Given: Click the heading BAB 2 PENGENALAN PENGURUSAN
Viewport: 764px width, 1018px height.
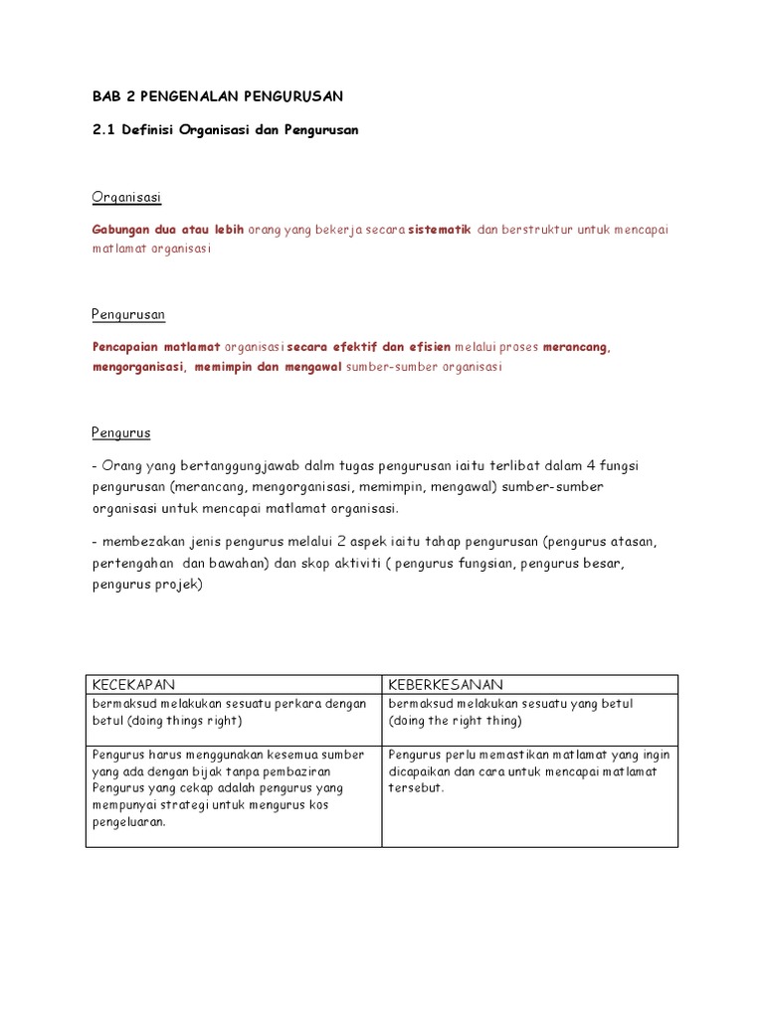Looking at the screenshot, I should (x=216, y=95).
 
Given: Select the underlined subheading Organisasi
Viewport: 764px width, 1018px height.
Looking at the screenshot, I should (x=126, y=197).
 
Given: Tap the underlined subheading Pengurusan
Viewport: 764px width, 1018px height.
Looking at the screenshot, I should (x=128, y=315).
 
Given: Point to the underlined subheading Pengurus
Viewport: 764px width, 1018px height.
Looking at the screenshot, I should (x=121, y=433).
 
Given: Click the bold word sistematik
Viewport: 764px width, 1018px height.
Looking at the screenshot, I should (x=440, y=230).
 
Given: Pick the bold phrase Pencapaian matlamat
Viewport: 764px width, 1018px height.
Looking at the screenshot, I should (x=156, y=348).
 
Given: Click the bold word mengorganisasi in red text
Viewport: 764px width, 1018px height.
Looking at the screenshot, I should (x=137, y=367).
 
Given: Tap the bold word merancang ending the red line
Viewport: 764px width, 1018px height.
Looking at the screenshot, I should (x=577, y=348).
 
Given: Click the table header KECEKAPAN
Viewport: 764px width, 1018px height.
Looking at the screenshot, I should (x=133, y=685).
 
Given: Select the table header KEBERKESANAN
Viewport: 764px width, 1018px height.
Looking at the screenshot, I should (x=446, y=685).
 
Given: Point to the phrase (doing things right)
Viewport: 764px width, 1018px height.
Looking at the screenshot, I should (x=168, y=721).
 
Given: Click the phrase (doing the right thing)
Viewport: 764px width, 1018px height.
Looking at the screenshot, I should (x=456, y=721).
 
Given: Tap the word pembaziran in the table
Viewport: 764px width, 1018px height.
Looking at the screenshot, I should (x=299, y=770).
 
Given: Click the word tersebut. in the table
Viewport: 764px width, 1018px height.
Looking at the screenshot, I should (x=416, y=787).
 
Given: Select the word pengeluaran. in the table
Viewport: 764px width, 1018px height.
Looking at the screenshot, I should (x=128, y=822).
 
